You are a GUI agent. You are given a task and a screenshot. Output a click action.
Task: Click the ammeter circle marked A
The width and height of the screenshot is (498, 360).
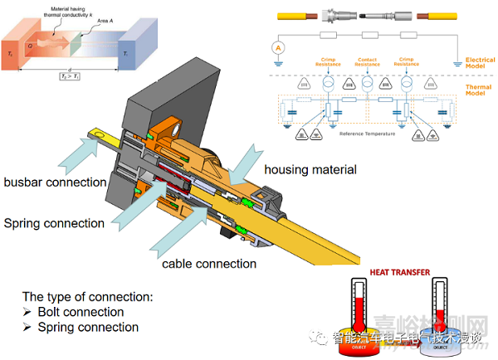tap(280, 47)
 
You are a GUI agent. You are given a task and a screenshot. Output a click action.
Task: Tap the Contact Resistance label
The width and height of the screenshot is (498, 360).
tap(367, 62)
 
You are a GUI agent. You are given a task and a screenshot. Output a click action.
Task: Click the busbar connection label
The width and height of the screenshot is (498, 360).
tap(55, 182)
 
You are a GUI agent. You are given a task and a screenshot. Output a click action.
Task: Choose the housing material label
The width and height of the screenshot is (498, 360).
tap(310, 170)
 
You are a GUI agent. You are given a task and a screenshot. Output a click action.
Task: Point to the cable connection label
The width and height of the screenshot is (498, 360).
tap(210, 264)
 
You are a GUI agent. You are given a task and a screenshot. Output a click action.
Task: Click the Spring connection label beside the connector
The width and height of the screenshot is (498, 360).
tap(54, 223)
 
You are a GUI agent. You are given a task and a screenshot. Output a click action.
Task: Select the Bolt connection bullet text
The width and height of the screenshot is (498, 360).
tap(81, 312)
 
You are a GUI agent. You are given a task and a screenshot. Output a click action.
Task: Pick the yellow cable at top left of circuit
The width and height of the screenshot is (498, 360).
tap(295, 14)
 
